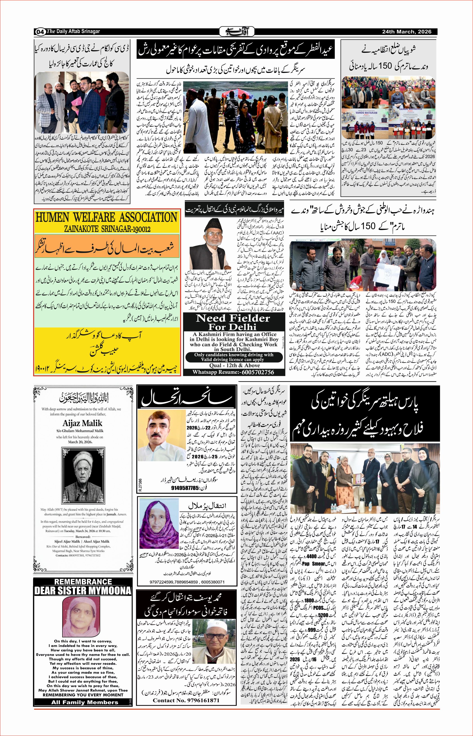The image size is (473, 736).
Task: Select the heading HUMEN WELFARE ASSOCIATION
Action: click(107, 217)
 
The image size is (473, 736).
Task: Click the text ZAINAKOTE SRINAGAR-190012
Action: click(107, 229)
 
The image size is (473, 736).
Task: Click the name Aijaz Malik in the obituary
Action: click(83, 423)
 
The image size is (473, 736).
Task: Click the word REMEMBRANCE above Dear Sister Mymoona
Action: click(83, 581)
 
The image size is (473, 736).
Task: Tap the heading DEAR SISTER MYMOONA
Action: click(83, 591)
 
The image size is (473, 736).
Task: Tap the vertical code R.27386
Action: click(140, 489)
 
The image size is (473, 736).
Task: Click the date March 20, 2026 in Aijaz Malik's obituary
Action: click(83, 442)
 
